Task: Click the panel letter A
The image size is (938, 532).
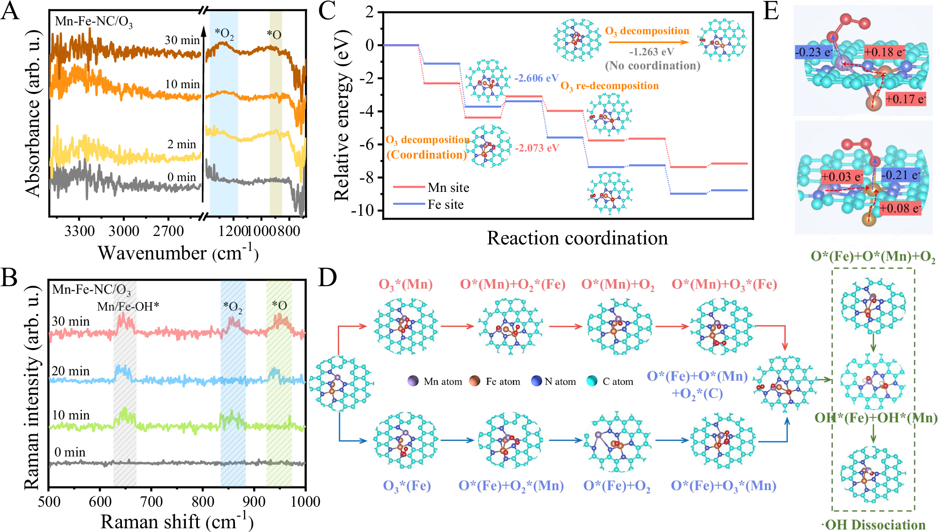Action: [10, 11]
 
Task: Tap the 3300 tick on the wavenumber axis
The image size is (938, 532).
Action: [80, 231]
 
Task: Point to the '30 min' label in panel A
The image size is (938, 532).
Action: [182, 40]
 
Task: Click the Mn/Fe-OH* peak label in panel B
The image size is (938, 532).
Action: [128, 306]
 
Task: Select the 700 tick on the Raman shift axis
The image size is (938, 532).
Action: [151, 502]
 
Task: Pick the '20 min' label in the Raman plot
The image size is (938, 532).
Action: [70, 371]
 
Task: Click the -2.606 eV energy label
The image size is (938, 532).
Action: [537, 78]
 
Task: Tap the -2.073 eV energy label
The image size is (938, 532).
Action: [537, 148]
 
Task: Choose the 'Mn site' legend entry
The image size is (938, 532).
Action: [448, 188]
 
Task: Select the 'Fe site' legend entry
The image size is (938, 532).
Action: [446, 205]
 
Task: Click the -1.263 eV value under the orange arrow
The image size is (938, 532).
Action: [651, 52]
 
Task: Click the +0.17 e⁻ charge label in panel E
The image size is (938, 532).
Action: [905, 99]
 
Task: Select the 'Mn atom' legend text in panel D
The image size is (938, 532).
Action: [443, 381]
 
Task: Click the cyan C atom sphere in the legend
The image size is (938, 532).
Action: [592, 381]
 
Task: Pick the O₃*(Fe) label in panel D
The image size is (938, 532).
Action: [407, 486]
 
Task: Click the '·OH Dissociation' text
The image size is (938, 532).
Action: [873, 524]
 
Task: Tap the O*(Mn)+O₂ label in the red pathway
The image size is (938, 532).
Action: [618, 284]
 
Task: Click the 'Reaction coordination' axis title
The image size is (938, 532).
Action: [577, 238]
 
